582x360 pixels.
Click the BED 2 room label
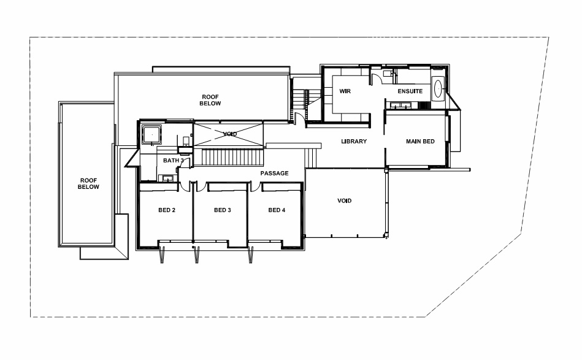pyautogui.click(x=167, y=210)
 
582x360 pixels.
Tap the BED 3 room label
pyautogui.click(x=223, y=210)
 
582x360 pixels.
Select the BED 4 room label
pyautogui.click(x=277, y=210)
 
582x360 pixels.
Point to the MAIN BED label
pyautogui.click(x=420, y=142)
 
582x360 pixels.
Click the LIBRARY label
pyautogui.click(x=354, y=142)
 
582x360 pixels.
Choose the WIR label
pyautogui.click(x=345, y=91)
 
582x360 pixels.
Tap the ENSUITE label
pyautogui.click(x=410, y=91)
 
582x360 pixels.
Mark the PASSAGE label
pyautogui.click(x=274, y=174)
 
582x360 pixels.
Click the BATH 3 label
pyautogui.click(x=174, y=161)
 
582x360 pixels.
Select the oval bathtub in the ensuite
pyautogui.click(x=438, y=89)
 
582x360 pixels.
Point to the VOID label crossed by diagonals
pyautogui.click(x=230, y=134)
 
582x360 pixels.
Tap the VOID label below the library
pyautogui.click(x=344, y=201)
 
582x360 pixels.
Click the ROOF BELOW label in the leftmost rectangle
pyautogui.click(x=88, y=184)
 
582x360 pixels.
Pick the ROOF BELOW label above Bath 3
pyautogui.click(x=210, y=100)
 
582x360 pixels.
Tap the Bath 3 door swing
pyautogui.click(x=186, y=163)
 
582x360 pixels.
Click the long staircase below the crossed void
pyautogui.click(x=232, y=158)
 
